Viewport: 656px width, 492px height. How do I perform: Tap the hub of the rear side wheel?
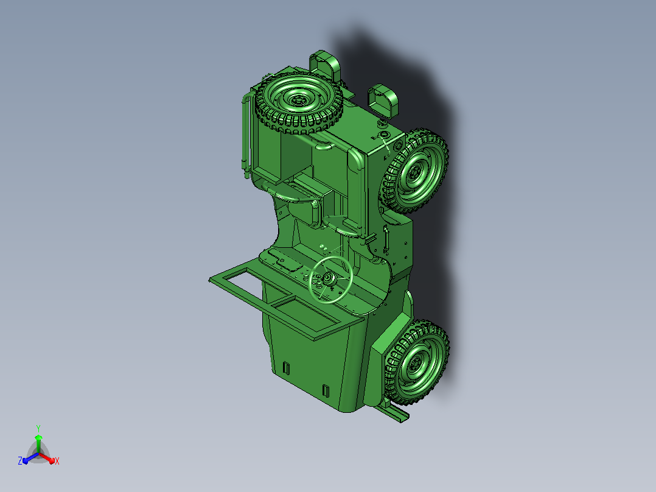click(x=415, y=171)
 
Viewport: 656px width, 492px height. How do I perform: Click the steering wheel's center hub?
click(x=327, y=278)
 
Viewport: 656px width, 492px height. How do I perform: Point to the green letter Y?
click(x=38, y=428)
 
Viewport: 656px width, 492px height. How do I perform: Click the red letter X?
click(x=57, y=461)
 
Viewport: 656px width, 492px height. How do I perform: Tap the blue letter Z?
click(x=20, y=460)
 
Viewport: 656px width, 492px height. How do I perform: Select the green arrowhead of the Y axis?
click(x=38, y=438)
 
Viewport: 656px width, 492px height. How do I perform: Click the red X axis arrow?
click(x=46, y=458)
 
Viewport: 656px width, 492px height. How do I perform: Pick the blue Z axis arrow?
click(x=30, y=458)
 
